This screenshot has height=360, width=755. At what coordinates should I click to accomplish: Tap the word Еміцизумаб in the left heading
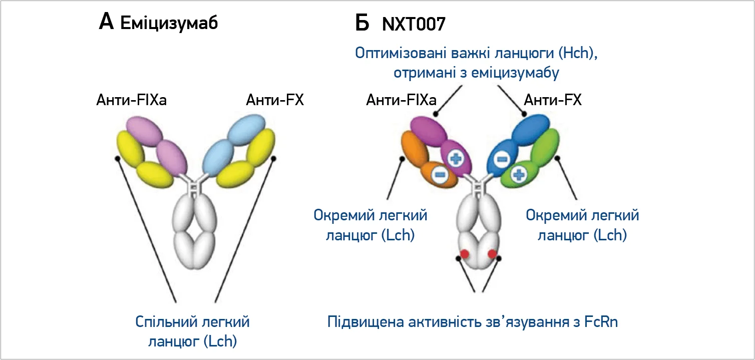point(169,24)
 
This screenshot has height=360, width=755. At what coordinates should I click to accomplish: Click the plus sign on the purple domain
point(456,159)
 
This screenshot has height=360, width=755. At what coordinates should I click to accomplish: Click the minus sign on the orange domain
point(439,174)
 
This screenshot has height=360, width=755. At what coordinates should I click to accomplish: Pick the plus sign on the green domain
point(519,175)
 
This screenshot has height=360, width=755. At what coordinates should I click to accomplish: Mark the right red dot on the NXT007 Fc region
point(492,254)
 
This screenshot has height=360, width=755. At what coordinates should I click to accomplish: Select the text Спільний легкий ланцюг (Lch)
point(193,331)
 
